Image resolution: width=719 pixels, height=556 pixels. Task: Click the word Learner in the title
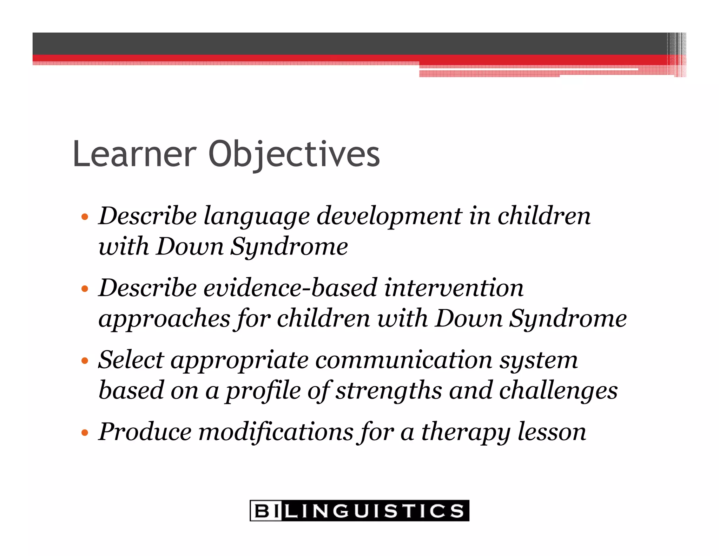tap(134, 154)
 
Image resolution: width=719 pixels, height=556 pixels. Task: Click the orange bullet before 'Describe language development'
tap(84, 216)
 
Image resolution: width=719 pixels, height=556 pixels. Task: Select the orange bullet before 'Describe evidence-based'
tap(84, 289)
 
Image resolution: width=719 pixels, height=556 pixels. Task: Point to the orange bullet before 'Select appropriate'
tap(84, 361)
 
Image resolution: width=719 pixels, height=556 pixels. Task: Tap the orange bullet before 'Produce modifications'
tap(84, 433)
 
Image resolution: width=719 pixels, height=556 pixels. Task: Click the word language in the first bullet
tap(257, 216)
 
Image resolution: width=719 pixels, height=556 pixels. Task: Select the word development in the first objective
tap(389, 216)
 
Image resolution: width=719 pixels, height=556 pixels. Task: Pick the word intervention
tap(454, 288)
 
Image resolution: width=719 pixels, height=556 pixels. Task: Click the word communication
tap(403, 360)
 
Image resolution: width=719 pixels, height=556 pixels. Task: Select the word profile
tap(263, 391)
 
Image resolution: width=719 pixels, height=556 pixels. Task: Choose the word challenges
tap(558, 391)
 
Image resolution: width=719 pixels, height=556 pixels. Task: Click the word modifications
tap(276, 432)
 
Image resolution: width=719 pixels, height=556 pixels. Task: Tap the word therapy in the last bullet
tap(466, 433)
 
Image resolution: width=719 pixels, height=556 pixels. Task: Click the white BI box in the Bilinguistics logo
tap(266, 511)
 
